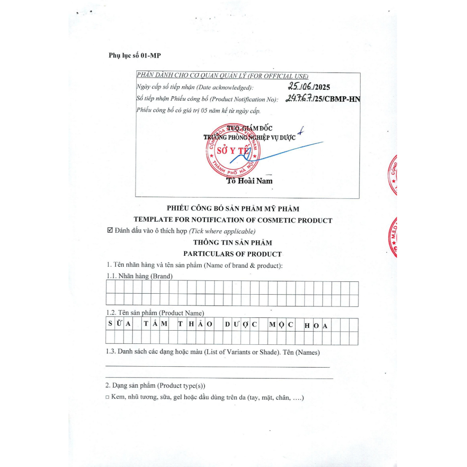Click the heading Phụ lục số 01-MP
pyautogui.click(x=135, y=56)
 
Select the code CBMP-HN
pyautogui.click(x=342, y=99)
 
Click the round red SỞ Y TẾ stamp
pyautogui.click(x=233, y=151)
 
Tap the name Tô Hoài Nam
pyautogui.click(x=249, y=181)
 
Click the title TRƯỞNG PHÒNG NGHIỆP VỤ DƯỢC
pyautogui.click(x=249, y=137)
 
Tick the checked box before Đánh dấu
pyautogui.click(x=109, y=231)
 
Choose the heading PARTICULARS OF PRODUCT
pyautogui.click(x=233, y=254)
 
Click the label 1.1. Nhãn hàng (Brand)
pyautogui.click(x=139, y=276)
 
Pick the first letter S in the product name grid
pyautogui.click(x=110, y=325)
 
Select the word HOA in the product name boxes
pyautogui.click(x=316, y=325)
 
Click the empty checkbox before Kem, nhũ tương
pyautogui.click(x=108, y=398)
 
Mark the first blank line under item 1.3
pyautogui.click(x=217, y=367)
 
